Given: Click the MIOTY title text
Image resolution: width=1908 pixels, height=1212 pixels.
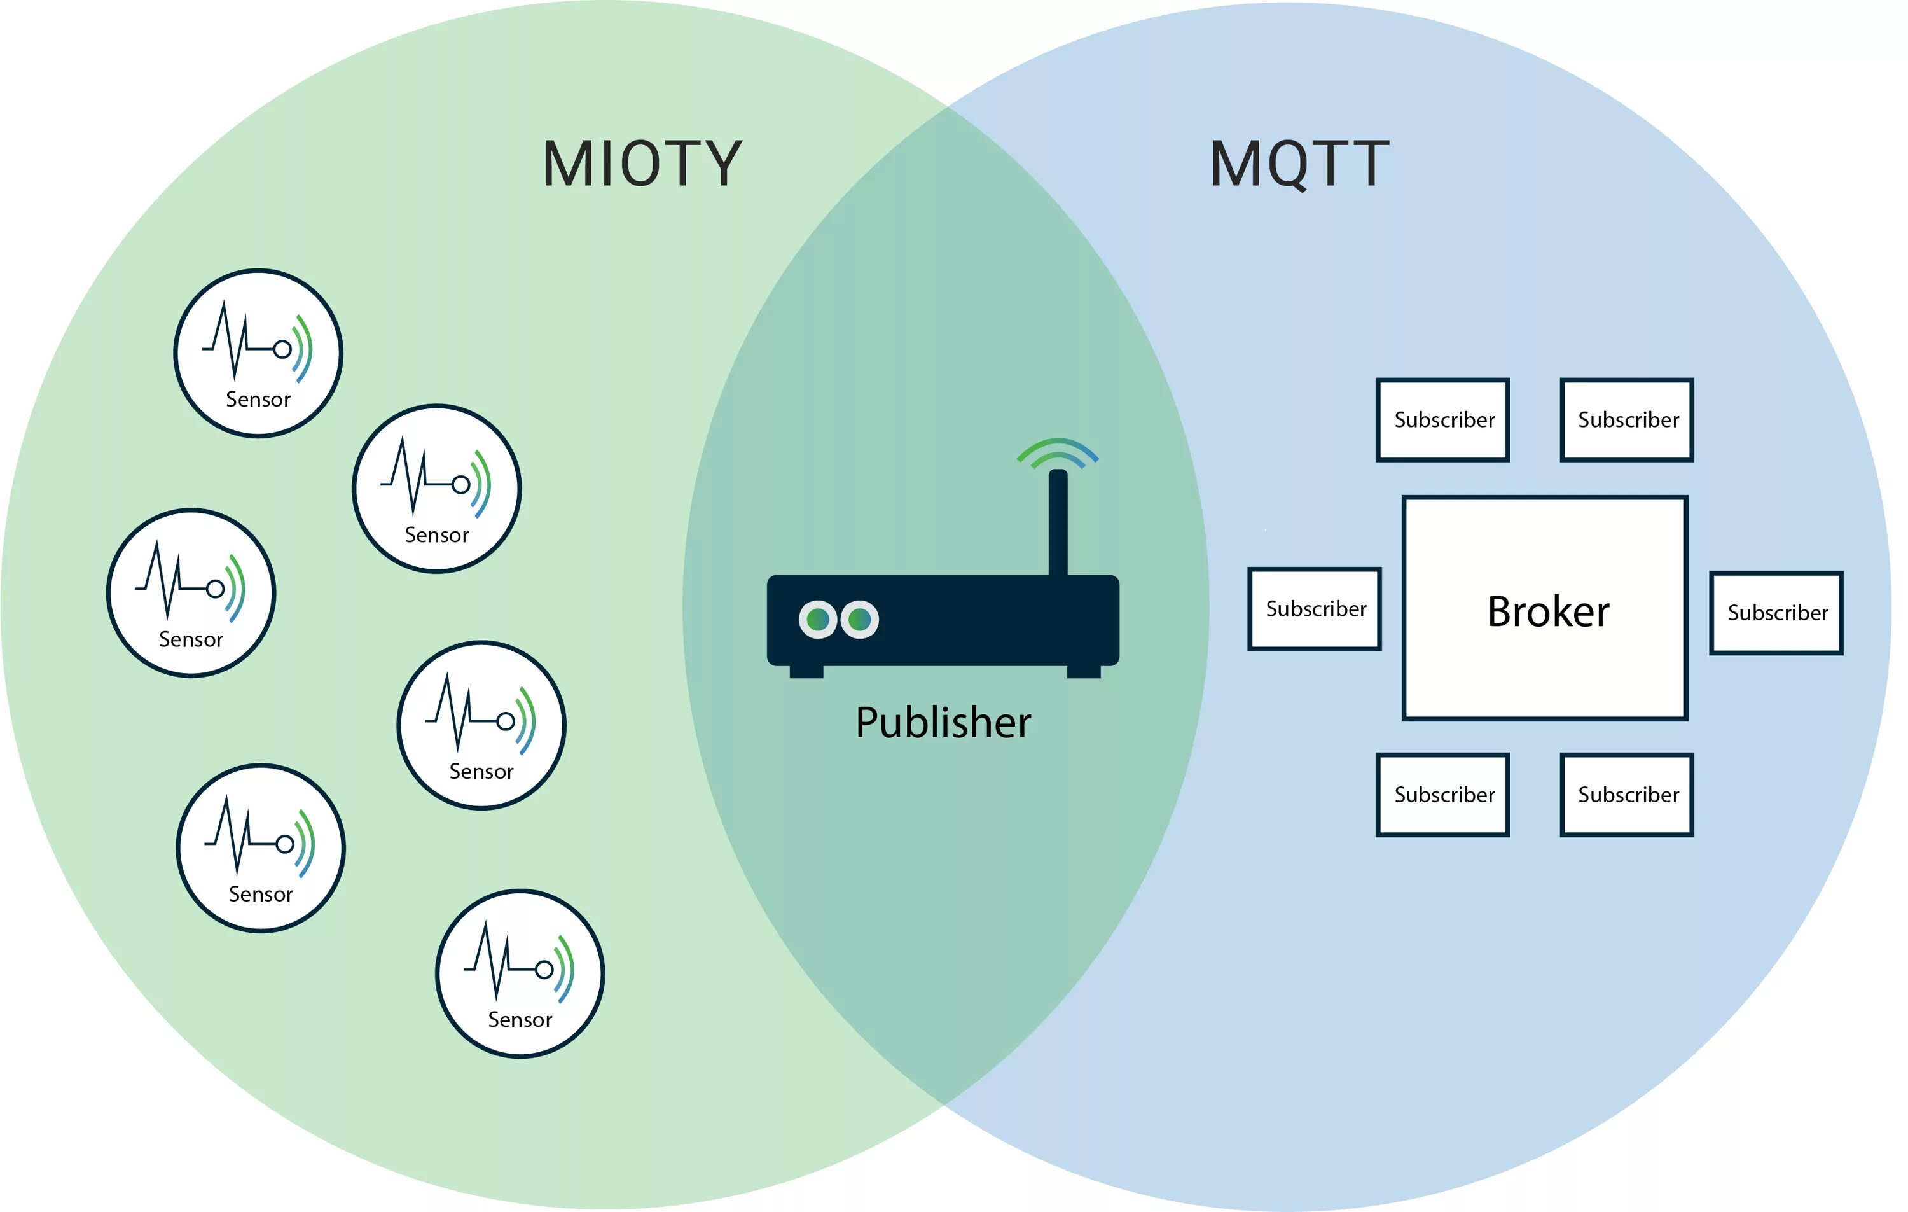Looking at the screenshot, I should [x=642, y=164].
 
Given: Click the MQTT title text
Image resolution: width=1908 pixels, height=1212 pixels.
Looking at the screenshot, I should [x=1299, y=164].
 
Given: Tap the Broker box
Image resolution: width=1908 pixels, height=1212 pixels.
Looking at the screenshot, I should [x=1545, y=609].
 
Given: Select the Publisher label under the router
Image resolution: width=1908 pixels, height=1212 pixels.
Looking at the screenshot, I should [x=943, y=723].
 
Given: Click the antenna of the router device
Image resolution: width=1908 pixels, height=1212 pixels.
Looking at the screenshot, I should [x=1058, y=523].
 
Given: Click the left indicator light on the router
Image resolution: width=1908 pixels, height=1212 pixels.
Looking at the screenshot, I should [x=818, y=619].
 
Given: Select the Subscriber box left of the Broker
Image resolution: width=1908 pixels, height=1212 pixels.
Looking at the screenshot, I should [x=1315, y=609].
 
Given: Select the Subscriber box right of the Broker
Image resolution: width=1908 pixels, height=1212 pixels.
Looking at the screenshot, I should [x=1776, y=613].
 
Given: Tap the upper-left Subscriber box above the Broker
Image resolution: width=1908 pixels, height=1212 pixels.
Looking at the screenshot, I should [x=1443, y=419].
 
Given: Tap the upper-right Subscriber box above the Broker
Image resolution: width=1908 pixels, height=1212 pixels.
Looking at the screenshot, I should [x=1627, y=419].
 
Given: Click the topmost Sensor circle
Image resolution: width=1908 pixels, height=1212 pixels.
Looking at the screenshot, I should [x=258, y=352].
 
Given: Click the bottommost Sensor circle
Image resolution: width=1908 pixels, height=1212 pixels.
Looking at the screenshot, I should [x=520, y=973].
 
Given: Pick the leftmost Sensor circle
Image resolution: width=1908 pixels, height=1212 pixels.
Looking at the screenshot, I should [x=191, y=593].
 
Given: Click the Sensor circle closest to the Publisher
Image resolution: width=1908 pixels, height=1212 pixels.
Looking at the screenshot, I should [x=481, y=725].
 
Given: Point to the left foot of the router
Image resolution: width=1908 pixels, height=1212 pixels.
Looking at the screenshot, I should [x=806, y=671].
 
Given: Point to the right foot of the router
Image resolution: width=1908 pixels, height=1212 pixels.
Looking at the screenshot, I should [x=1083, y=671].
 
